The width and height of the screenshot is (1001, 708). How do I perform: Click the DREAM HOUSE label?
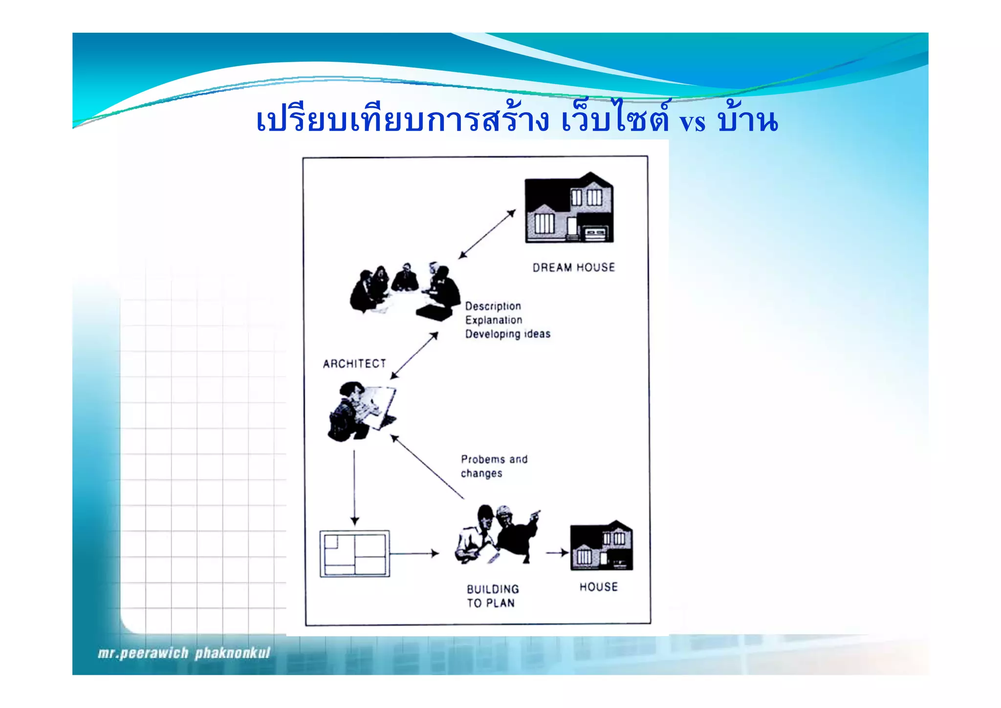tap(573, 267)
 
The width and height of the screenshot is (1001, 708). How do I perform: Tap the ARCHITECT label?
tap(354, 364)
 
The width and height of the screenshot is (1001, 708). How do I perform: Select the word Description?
tap(493, 306)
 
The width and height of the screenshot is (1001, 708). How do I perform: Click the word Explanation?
tap(494, 320)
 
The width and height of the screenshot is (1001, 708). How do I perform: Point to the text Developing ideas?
tap(507, 334)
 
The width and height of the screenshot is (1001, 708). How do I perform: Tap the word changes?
tap(481, 473)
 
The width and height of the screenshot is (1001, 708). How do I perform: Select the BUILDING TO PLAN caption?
tap(492, 596)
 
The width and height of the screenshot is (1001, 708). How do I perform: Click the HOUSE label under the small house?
tap(598, 587)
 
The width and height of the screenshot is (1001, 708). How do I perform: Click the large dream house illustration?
tap(569, 208)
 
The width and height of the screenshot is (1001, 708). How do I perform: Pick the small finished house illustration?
tap(601, 547)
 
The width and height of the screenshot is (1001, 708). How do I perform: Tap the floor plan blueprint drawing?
tap(355, 553)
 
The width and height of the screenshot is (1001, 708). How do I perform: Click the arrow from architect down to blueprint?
tap(355, 487)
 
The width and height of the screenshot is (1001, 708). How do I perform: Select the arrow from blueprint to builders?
tap(414, 553)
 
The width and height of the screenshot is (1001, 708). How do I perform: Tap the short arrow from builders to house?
tap(557, 553)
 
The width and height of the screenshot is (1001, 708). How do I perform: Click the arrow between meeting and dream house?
tap(487, 234)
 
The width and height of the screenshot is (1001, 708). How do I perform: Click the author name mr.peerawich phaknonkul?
tap(184, 653)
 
